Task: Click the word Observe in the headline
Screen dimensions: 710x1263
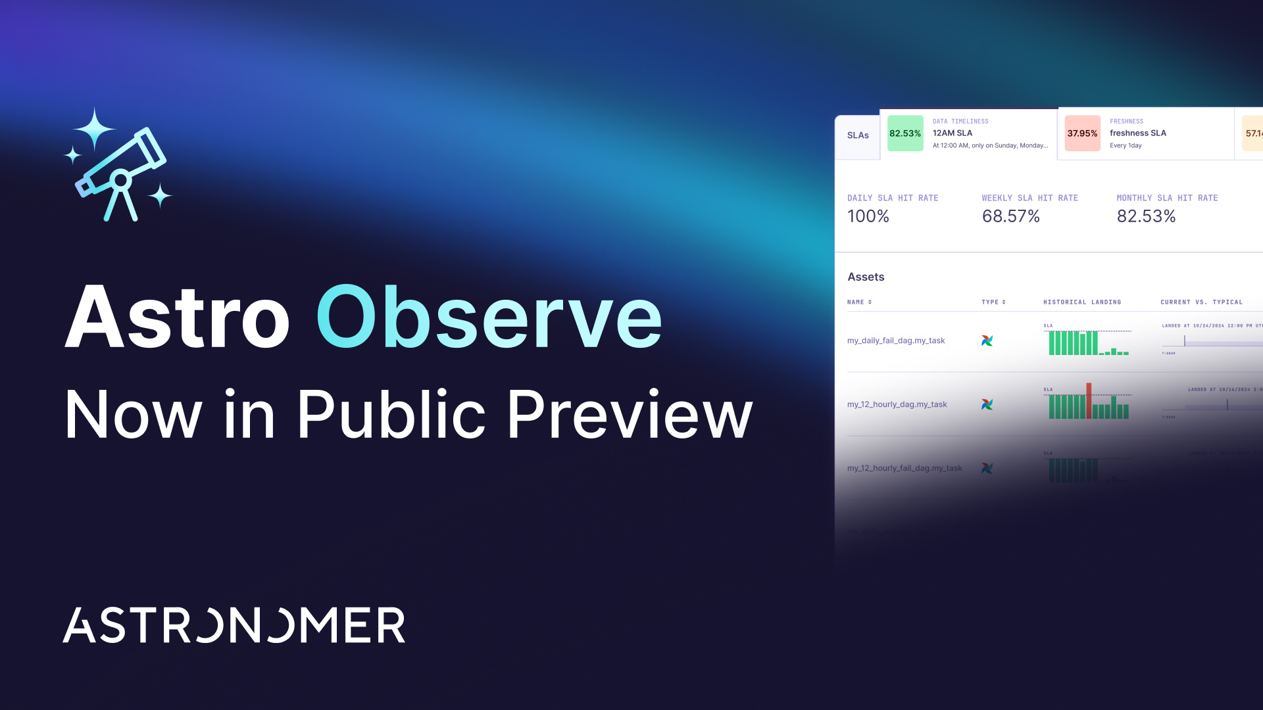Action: point(489,318)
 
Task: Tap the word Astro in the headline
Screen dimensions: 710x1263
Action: point(178,318)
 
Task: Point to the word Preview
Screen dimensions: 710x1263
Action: point(630,415)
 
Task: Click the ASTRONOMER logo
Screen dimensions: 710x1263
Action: point(234,625)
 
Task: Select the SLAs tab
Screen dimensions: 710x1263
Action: point(858,135)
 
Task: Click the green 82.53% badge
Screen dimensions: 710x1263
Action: point(905,133)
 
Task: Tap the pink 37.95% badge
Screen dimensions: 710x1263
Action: point(1082,133)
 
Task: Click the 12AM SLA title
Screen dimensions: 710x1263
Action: point(952,133)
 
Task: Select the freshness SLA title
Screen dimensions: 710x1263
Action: point(1137,133)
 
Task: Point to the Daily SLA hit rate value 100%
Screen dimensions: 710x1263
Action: point(868,216)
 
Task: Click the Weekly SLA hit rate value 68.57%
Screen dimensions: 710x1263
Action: point(1010,216)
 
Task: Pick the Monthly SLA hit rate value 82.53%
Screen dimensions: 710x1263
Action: point(1146,216)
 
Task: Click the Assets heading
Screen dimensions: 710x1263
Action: point(866,277)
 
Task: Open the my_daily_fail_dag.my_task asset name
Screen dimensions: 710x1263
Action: point(896,341)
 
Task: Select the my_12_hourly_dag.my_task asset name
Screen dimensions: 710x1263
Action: point(897,404)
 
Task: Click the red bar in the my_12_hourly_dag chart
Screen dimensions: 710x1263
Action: point(1089,400)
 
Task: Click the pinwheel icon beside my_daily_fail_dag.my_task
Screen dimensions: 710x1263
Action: point(987,341)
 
